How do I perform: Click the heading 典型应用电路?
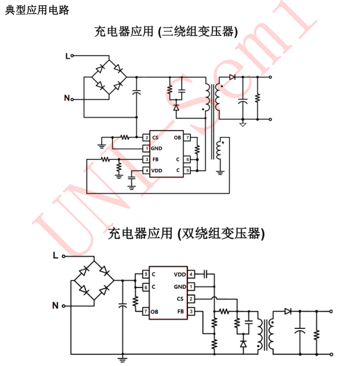click(x=37, y=10)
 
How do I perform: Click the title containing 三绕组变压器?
click(x=166, y=31)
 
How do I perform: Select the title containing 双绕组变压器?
click(x=187, y=234)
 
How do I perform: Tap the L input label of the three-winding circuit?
click(x=67, y=56)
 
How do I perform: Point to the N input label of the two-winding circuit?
click(x=56, y=305)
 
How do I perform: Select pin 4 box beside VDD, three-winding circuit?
click(x=146, y=171)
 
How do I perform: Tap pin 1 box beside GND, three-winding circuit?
click(x=146, y=149)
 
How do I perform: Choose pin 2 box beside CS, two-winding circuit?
click(x=192, y=298)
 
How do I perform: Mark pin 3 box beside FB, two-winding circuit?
click(x=192, y=312)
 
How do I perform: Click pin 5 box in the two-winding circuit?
click(x=146, y=274)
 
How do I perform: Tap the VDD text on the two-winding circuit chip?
click(x=180, y=274)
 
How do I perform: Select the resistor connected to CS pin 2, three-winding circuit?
click(x=124, y=138)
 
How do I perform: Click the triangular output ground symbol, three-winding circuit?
click(x=243, y=124)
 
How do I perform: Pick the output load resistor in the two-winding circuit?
click(x=317, y=334)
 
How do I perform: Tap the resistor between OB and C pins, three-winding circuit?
click(x=197, y=149)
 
